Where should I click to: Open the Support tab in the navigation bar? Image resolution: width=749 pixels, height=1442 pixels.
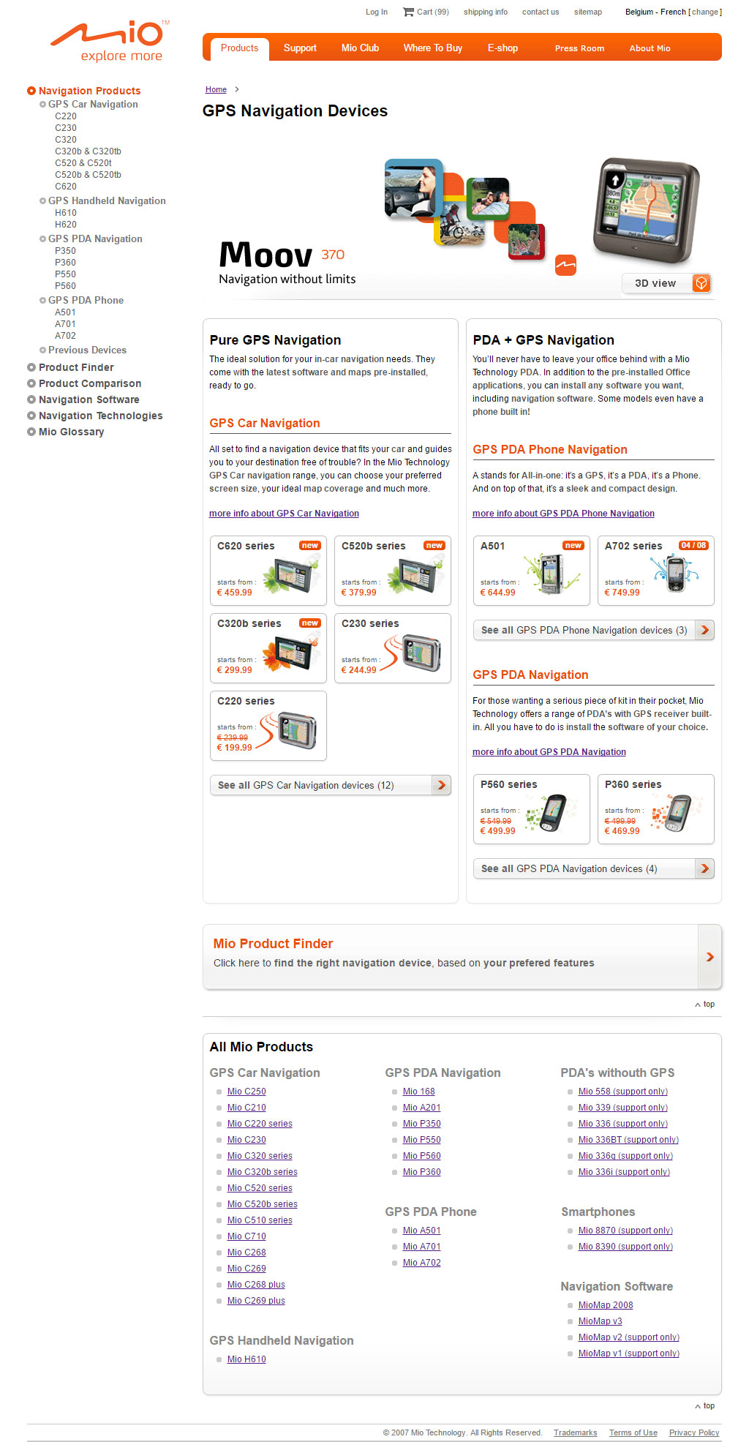point(300,48)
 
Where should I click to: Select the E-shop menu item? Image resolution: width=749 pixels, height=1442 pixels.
point(503,48)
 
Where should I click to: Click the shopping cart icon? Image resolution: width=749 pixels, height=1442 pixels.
point(408,12)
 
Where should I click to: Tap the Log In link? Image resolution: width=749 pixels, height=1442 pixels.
point(377,12)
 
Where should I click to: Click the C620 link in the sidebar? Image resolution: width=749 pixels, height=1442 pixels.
point(66,187)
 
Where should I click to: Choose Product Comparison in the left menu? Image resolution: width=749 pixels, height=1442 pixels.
point(90,383)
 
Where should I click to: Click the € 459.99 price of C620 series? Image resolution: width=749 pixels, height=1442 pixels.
point(234,593)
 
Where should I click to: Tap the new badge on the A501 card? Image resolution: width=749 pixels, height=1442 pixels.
point(573,546)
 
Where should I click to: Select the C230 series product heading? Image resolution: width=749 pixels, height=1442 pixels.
point(370,623)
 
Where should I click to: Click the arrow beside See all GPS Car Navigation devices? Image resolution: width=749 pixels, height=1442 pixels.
point(441,785)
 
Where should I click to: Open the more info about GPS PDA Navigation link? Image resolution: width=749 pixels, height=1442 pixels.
point(549,752)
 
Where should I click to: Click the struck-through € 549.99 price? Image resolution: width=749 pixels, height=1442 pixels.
point(496,821)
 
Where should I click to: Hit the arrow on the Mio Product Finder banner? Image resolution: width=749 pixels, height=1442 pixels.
point(710,957)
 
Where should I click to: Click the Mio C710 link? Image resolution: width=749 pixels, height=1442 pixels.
point(246,1236)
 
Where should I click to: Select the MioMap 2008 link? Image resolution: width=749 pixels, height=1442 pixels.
point(606,1305)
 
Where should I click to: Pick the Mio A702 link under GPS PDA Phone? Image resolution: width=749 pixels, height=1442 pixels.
point(422,1263)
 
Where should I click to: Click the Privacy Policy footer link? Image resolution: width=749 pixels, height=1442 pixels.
point(694,1432)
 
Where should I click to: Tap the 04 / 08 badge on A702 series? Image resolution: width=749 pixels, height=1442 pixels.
point(693,546)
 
